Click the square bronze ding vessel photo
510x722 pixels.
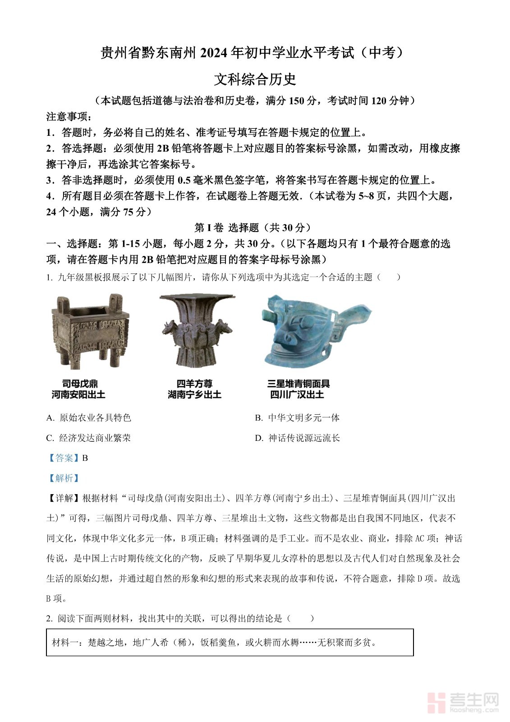point(91,331)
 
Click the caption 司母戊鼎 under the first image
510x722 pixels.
point(80,384)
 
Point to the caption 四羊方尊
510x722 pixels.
point(194,384)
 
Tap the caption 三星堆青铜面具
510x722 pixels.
point(298,384)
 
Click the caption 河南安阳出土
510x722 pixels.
point(78,395)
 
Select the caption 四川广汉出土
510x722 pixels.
point(297,395)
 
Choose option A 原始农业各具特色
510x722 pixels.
point(89,418)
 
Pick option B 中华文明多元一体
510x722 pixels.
point(298,418)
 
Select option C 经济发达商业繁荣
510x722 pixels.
point(89,438)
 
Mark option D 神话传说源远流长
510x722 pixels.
point(298,438)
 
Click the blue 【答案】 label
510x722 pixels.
point(64,458)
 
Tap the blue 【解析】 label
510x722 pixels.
point(64,478)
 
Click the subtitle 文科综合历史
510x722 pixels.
point(255,79)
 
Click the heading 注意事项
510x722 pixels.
point(69,116)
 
